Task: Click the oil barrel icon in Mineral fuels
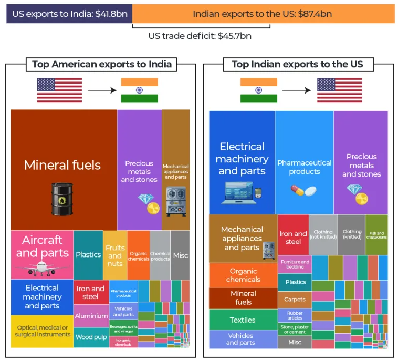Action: pos(62,199)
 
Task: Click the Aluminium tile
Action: pos(91,316)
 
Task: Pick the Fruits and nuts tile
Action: pos(115,255)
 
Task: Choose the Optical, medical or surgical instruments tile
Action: pos(42,331)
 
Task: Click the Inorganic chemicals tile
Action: pos(123,342)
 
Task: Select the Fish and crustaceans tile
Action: pos(376,234)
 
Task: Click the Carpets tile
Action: pos(295,300)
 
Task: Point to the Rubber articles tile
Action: pos(295,315)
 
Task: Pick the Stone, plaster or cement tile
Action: pos(295,330)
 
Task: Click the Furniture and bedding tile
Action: pos(295,264)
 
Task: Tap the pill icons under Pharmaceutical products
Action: pos(304,190)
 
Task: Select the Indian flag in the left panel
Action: pos(139,90)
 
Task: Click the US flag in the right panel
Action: pos(339,90)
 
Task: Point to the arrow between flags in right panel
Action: pos(297,90)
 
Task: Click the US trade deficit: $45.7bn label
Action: pos(200,36)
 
